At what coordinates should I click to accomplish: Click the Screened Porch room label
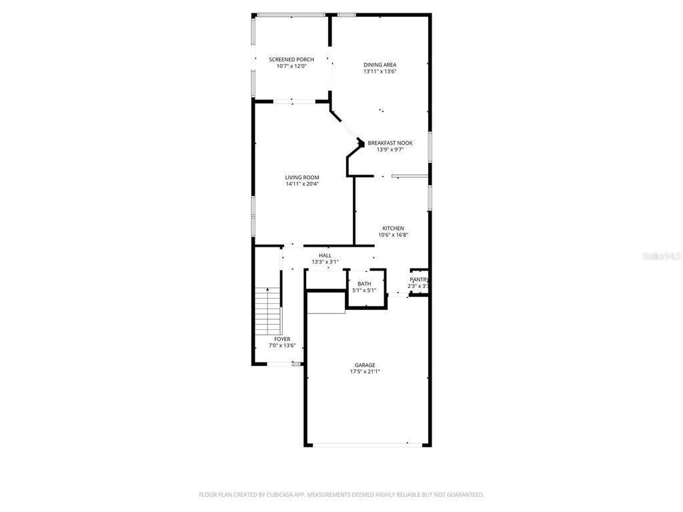[x=291, y=59]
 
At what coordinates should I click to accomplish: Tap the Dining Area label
[x=380, y=65]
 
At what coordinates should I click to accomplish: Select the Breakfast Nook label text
[x=390, y=143]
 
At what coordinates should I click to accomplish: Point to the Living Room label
[x=302, y=177]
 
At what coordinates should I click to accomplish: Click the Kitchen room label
[x=393, y=228]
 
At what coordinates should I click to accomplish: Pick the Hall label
[x=325, y=255]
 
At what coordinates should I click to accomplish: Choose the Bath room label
[x=364, y=284]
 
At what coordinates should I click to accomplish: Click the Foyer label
[x=282, y=339]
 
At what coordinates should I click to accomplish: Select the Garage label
[x=365, y=365]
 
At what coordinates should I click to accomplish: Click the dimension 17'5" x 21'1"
[x=365, y=372]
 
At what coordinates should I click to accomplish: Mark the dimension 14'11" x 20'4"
[x=302, y=184]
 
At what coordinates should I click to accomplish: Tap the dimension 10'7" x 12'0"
[x=291, y=66]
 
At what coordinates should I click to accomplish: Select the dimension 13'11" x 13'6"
[x=380, y=71]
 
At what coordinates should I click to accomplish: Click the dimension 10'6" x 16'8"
[x=393, y=235]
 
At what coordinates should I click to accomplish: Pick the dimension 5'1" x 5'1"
[x=364, y=290]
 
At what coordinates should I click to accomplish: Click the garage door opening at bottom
[x=361, y=445]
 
